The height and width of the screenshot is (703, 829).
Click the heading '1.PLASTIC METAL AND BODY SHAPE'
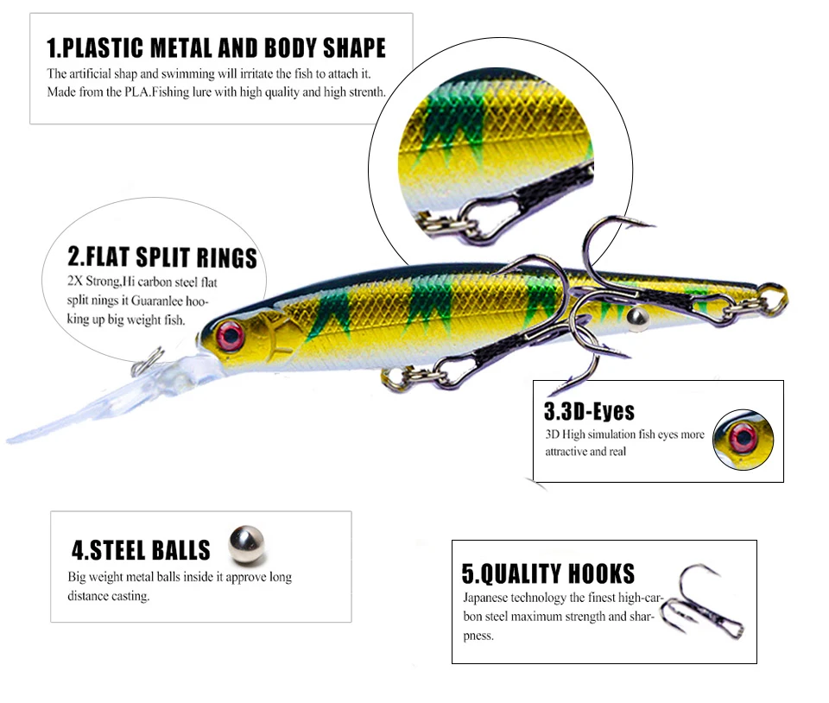[x=216, y=47]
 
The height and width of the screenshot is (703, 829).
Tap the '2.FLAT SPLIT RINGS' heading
[x=162, y=257]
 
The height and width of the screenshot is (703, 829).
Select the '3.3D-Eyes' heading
[x=589, y=411]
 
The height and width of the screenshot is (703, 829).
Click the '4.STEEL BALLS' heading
[x=141, y=550]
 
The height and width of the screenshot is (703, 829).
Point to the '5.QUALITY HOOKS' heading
[x=548, y=573]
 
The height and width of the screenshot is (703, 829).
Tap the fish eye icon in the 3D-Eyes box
[x=742, y=438]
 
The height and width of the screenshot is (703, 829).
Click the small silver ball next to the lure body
[x=638, y=318]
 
